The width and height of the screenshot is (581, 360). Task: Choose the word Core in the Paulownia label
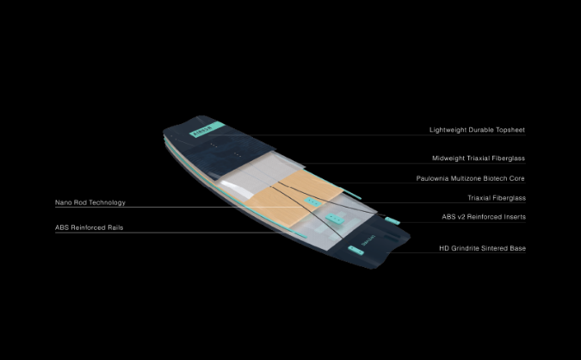pyautogui.click(x=517, y=178)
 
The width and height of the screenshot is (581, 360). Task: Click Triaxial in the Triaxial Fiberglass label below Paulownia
pyautogui.click(x=479, y=198)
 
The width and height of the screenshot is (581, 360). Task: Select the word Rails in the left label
pyautogui.click(x=115, y=227)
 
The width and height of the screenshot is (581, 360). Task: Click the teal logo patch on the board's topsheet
pyautogui.click(x=207, y=128)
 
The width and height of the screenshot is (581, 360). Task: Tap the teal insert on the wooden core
pyautogui.click(x=313, y=202)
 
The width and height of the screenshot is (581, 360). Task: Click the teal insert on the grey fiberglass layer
pyautogui.click(x=335, y=219)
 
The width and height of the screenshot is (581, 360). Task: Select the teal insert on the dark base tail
pyautogui.click(x=355, y=251)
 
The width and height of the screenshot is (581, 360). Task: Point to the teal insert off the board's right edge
pyautogui.click(x=392, y=221)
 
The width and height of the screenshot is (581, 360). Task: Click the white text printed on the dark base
pyautogui.click(x=368, y=240)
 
